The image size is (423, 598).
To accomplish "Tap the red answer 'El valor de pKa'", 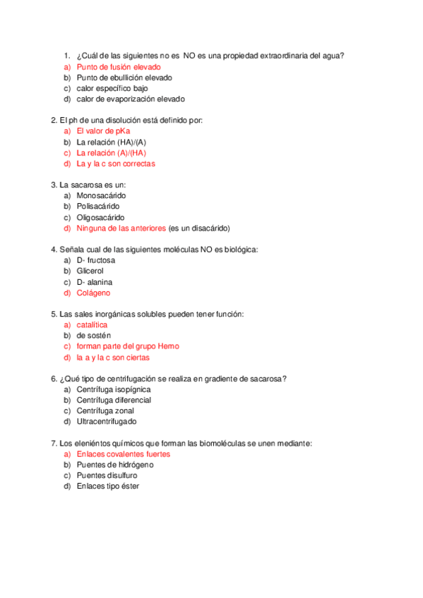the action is tap(103, 131).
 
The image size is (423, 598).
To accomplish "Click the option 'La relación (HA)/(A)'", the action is tap(112, 142).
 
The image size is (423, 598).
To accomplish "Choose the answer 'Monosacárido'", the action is tap(102, 195).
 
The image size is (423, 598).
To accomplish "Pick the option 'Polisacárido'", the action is tap(98, 206).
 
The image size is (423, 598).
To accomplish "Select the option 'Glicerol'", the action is tap(90, 271).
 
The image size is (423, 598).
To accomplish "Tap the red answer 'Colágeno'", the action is tap(93, 293).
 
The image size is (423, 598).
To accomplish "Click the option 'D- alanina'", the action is tap(95, 282).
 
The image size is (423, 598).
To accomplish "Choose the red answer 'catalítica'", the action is tap(92, 324).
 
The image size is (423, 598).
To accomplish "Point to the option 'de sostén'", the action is tap(94, 336).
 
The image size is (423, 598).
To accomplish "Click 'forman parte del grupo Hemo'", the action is tap(128, 346).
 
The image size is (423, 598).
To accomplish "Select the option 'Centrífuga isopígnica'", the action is tap(114, 389).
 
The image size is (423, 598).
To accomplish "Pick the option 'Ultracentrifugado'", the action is tap(107, 422).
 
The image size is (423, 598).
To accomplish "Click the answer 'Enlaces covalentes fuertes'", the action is tap(124, 454).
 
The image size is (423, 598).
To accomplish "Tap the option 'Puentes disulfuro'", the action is tap(107, 475).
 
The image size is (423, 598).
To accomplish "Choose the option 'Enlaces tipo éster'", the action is tap(108, 486).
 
